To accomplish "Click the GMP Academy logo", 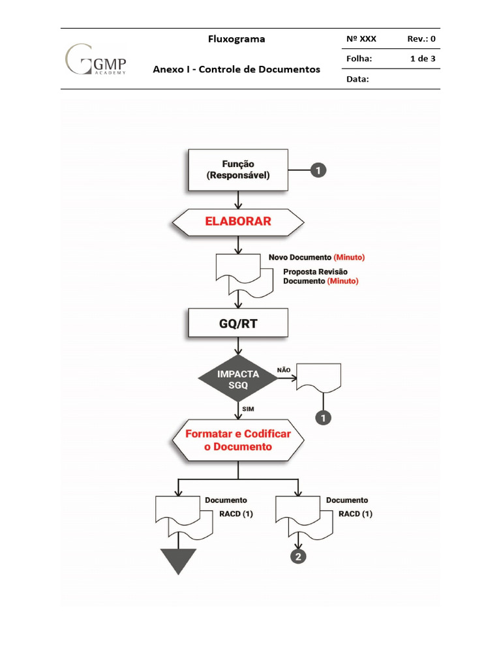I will coord(96,59).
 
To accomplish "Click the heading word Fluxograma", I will coord(236,39).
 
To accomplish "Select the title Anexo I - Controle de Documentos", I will coord(236,69).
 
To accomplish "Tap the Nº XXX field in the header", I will coord(361,39).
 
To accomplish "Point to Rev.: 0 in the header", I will coord(421,39).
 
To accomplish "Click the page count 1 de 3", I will coord(423,59).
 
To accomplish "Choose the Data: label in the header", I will coord(357,79).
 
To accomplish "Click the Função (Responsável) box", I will coord(238,170).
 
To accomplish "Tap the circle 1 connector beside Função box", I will coord(318,171).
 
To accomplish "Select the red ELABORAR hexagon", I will coord(237,221).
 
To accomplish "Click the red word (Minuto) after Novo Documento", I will coord(349,257).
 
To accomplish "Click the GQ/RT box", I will coord(237,323).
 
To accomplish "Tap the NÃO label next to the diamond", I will coord(284,369).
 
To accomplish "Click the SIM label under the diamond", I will coord(248,408).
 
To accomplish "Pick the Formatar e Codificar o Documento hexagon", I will coord(238,441).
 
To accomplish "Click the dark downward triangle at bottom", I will coord(178,560).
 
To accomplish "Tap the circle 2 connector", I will coord(298,556).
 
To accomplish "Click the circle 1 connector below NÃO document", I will coord(322,417).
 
